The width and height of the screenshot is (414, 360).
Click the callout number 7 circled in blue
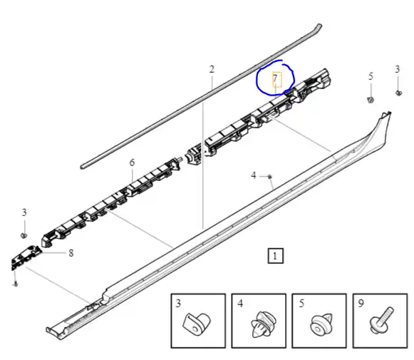click(x=275, y=78)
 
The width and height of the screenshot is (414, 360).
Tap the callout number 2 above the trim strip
click(x=212, y=69)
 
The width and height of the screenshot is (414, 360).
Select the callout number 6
click(x=132, y=163)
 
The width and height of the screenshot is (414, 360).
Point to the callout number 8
click(x=71, y=253)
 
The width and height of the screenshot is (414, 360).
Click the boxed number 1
click(x=275, y=256)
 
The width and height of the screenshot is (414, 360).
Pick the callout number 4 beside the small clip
click(x=254, y=175)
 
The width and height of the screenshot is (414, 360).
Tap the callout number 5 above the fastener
click(x=371, y=76)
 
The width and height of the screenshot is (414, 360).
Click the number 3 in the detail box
click(x=178, y=303)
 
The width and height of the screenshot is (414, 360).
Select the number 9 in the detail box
click(x=361, y=303)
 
